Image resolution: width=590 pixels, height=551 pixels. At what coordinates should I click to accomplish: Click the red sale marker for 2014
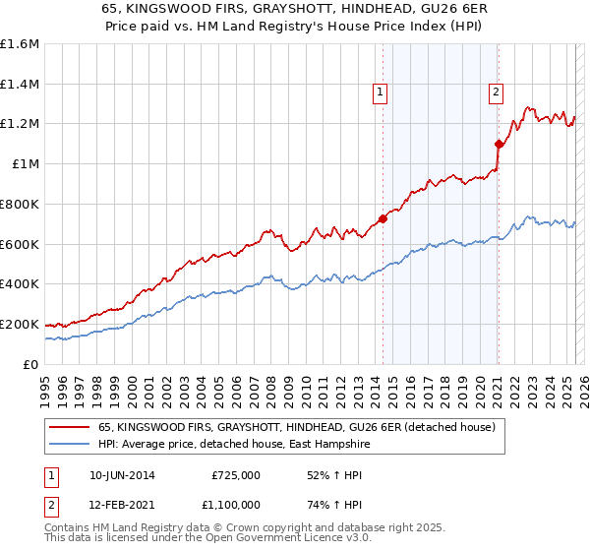point(383,218)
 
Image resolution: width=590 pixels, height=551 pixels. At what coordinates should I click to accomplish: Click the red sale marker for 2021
point(499,144)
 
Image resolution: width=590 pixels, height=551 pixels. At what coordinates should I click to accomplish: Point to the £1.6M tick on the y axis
point(20,44)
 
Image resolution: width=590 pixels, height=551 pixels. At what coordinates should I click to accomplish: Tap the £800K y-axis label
point(20,204)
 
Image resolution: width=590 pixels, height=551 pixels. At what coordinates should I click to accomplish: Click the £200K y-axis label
point(20,324)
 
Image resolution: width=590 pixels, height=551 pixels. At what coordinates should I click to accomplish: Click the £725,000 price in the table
point(234,475)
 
